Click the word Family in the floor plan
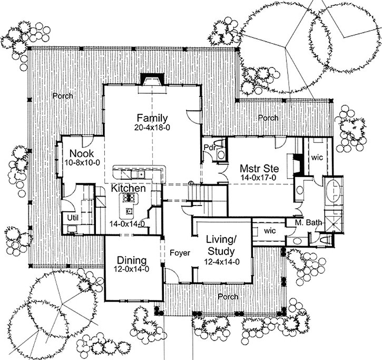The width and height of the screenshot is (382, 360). [x=152, y=118]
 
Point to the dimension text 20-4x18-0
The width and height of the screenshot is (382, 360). [x=152, y=127]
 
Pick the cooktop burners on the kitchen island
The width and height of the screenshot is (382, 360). [x=129, y=198]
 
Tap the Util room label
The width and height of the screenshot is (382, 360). [x=72, y=217]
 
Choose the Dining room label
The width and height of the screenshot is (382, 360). [x=131, y=260]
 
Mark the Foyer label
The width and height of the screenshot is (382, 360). [x=179, y=253]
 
